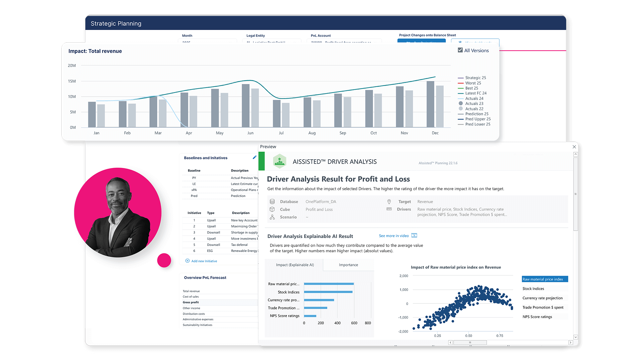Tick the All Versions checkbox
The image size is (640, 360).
pyautogui.click(x=460, y=50)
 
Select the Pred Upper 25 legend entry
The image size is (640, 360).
pyautogui.click(x=478, y=119)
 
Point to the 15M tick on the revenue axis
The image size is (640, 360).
pyautogui.click(x=72, y=81)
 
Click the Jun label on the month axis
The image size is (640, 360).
pyautogui.click(x=250, y=133)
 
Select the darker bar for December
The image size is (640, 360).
pyautogui.click(x=430, y=104)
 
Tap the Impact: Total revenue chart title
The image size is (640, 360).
pyautogui.click(x=95, y=51)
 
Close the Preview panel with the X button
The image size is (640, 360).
pyautogui.click(x=574, y=147)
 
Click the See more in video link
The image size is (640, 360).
pyautogui.click(x=394, y=236)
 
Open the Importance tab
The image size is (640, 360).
pyautogui.click(x=348, y=265)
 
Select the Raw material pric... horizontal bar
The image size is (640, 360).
pyautogui.click(x=329, y=284)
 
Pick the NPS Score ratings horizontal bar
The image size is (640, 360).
pyautogui.click(x=310, y=316)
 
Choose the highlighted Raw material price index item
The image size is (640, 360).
pyautogui.click(x=544, y=279)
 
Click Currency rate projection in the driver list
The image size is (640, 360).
pyautogui.click(x=542, y=298)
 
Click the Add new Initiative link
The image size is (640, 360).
pyautogui.click(x=204, y=261)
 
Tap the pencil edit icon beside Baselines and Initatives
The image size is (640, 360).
pyautogui.click(x=255, y=157)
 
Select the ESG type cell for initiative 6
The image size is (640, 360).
pyautogui.click(x=210, y=251)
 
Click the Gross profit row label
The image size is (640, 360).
pyautogui.click(x=191, y=302)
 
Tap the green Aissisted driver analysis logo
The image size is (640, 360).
pyautogui.click(x=280, y=162)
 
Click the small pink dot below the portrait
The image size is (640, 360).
pyautogui.click(x=164, y=260)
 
